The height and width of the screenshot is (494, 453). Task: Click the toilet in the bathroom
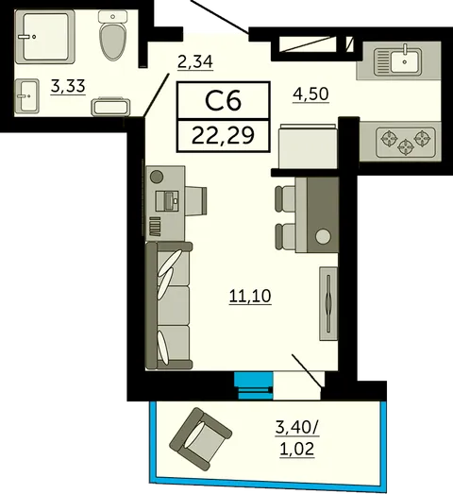click(x=112, y=35)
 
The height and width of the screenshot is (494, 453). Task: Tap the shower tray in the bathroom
click(x=45, y=37)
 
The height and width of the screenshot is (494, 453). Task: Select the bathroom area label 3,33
click(x=68, y=86)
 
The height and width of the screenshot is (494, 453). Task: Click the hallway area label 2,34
click(x=195, y=61)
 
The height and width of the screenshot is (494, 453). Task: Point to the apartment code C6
click(x=223, y=100)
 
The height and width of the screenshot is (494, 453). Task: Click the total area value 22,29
click(x=223, y=135)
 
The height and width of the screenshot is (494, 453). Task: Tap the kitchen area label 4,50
click(x=310, y=94)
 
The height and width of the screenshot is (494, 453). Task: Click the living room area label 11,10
click(x=250, y=297)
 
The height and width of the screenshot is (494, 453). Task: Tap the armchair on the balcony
click(x=200, y=439)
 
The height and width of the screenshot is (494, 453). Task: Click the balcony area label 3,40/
click(x=297, y=428)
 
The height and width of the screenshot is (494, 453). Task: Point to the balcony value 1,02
click(x=297, y=449)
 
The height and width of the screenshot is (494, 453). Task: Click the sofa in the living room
click(x=169, y=306)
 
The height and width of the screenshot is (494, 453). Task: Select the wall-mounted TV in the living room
click(x=328, y=304)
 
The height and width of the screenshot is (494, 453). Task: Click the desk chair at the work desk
click(x=195, y=201)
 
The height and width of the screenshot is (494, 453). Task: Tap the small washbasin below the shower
click(x=27, y=95)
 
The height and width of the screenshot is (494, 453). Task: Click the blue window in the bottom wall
click(x=253, y=385)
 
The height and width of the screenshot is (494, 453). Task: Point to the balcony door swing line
click(x=308, y=370)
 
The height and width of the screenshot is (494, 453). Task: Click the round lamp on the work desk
click(x=157, y=177)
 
